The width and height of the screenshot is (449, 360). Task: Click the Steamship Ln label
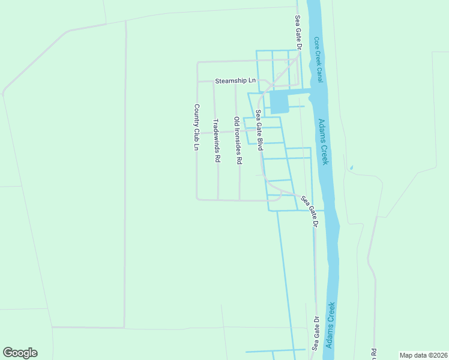(x=235, y=80)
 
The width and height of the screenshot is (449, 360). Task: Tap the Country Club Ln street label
(x=196, y=127)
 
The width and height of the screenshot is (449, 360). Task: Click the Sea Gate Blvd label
(x=259, y=129)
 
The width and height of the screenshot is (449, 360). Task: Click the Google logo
(x=20, y=353)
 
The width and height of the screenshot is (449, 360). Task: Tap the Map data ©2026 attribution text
(x=424, y=355)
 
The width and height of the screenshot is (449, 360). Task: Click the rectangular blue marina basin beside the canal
(x=279, y=103)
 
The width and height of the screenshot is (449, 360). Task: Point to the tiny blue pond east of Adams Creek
(x=351, y=167)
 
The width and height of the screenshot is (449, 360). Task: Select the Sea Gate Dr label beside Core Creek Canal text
(x=297, y=33)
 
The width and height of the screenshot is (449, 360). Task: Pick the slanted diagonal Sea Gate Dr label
(x=309, y=211)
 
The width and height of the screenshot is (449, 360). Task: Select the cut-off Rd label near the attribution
(x=373, y=354)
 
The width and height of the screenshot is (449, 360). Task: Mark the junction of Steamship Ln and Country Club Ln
(x=197, y=81)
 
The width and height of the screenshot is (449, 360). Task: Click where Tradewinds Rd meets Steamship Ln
(x=214, y=81)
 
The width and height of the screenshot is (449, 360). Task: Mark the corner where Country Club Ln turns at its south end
(x=197, y=199)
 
